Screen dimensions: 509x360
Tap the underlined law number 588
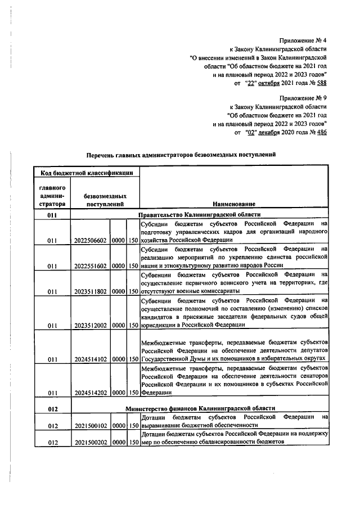tap(321, 83)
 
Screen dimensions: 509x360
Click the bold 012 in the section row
tap(53, 407)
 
